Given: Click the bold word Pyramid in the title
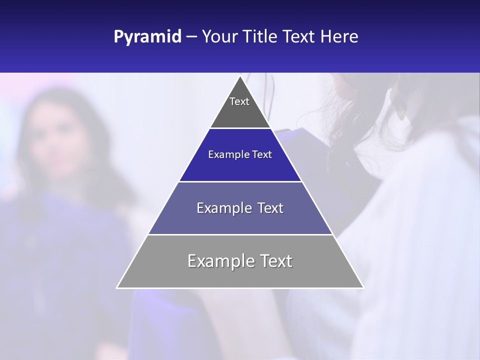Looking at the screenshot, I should [147, 37].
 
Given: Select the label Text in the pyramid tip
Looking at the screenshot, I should [239, 101].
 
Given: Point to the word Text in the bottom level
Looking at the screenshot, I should [274, 261].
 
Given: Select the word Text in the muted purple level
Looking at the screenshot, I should [267, 208].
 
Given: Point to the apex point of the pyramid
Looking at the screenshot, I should [240, 76].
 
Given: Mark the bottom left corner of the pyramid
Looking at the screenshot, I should [117, 288].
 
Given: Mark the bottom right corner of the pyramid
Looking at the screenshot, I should [363, 288].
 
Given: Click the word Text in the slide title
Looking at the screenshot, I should [299, 37].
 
